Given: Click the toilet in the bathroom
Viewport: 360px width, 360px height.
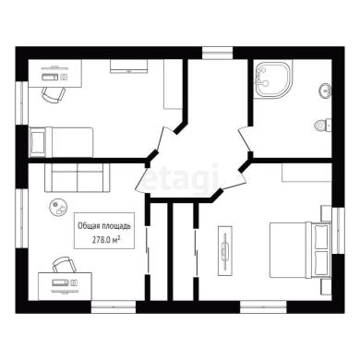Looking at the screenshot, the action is point(323,125).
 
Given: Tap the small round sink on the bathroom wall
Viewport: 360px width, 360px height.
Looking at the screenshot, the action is point(325,90).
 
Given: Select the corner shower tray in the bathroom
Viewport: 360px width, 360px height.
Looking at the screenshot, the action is point(272,80).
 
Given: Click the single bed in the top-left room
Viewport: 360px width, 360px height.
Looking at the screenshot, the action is point(61,142).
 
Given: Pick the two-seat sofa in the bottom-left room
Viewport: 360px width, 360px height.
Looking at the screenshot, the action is point(77,177).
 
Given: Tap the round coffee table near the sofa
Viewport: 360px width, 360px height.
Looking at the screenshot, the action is point(58,207).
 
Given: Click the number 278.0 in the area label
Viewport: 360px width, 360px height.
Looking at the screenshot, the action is point(102,240).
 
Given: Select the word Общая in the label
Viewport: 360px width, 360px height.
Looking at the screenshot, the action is point(89,226).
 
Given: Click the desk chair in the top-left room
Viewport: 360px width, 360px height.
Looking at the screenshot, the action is point(54,94).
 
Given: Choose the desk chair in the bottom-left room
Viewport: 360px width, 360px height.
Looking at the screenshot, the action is point(64,265).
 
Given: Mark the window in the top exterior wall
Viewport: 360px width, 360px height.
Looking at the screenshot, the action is point(217,53).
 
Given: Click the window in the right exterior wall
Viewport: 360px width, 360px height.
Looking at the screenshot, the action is point(338,231).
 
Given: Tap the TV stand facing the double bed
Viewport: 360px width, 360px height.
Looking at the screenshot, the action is point(225,251).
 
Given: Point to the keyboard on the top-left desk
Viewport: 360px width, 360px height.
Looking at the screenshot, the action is point(50,77).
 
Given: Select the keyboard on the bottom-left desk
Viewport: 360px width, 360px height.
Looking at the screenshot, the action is point(60,282).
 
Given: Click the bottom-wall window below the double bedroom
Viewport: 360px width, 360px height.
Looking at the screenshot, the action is point(263,307).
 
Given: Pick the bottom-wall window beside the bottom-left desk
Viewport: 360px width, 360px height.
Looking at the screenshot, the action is point(114,307).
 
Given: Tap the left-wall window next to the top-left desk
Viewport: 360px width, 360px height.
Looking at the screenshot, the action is point(22,103).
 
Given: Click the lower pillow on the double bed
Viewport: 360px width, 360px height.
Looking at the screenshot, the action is point(321,263).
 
